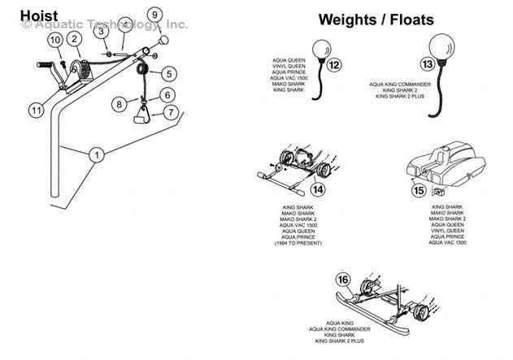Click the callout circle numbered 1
[x=98, y=154]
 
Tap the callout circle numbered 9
[x=155, y=15]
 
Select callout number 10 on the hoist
[x=54, y=40]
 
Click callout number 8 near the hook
[x=120, y=104]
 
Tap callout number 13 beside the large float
[x=426, y=63]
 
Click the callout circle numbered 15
[x=418, y=191]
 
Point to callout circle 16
[x=343, y=280]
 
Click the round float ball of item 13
[x=446, y=43]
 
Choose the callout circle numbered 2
[x=74, y=37]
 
